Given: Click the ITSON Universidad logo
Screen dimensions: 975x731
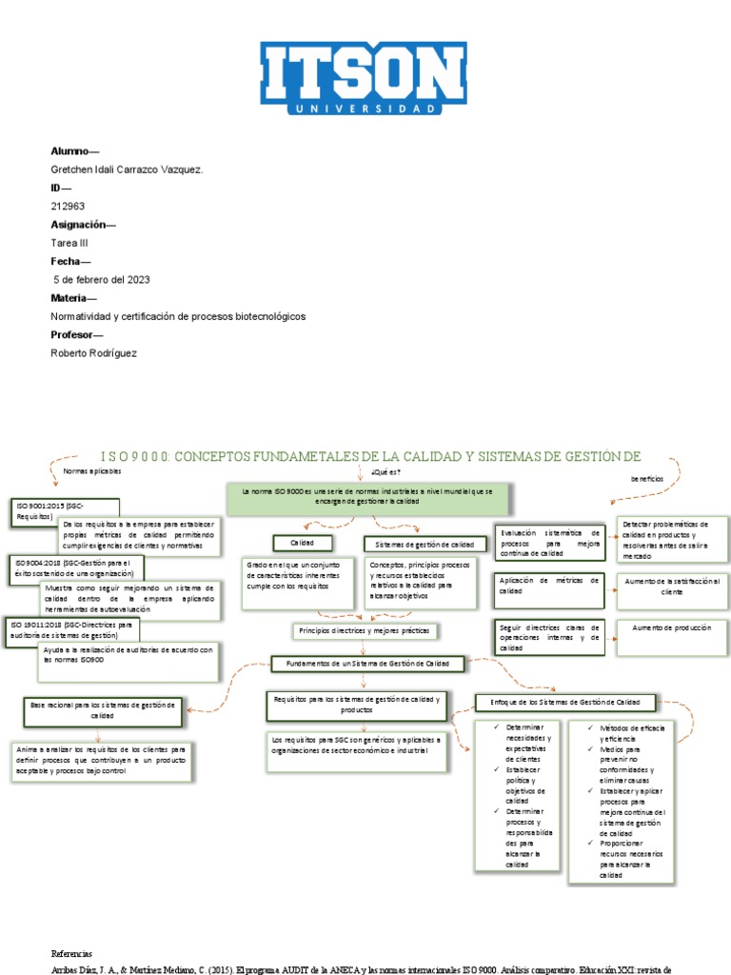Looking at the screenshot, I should pyautogui.click(x=365, y=79).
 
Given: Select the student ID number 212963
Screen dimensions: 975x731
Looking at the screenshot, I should pyautogui.click(x=68, y=205).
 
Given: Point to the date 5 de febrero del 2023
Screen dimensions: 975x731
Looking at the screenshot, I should pyautogui.click(x=102, y=279).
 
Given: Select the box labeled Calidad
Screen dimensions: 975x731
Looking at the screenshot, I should pyautogui.click(x=302, y=543).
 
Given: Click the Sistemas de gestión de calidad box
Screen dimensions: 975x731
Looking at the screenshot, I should pyautogui.click(x=420, y=544).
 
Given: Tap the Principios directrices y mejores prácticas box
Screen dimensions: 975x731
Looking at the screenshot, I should pyautogui.click(x=365, y=630).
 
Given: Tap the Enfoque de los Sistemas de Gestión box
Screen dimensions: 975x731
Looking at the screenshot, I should pyautogui.click(x=565, y=703).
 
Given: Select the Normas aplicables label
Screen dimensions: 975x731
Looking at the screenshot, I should pyautogui.click(x=92, y=471).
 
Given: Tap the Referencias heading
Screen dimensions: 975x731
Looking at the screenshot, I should pyautogui.click(x=71, y=953).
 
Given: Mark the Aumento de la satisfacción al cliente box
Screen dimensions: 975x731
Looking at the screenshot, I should pyautogui.click(x=672, y=586).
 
